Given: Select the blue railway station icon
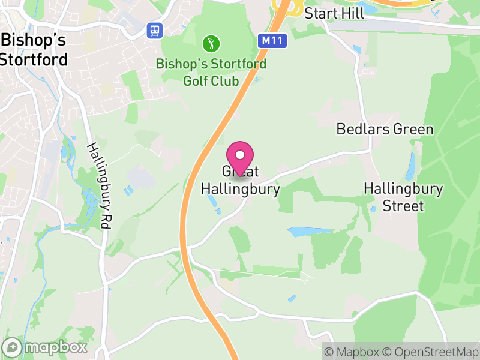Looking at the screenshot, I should pos(155,30).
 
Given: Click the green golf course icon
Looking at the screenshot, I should pos(211,43).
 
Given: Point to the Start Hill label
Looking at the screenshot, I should pos(334,13).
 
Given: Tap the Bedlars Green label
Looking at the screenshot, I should pos(385,129).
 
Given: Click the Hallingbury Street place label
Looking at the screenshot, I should pos(403,198).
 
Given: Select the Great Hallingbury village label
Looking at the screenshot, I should pos(240,181).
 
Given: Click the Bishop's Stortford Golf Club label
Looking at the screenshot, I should pos(211,72).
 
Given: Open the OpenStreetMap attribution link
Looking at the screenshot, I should pos(433,352).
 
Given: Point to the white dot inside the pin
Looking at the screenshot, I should pos(241,155).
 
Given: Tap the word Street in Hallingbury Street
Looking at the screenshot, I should pos(403,206).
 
